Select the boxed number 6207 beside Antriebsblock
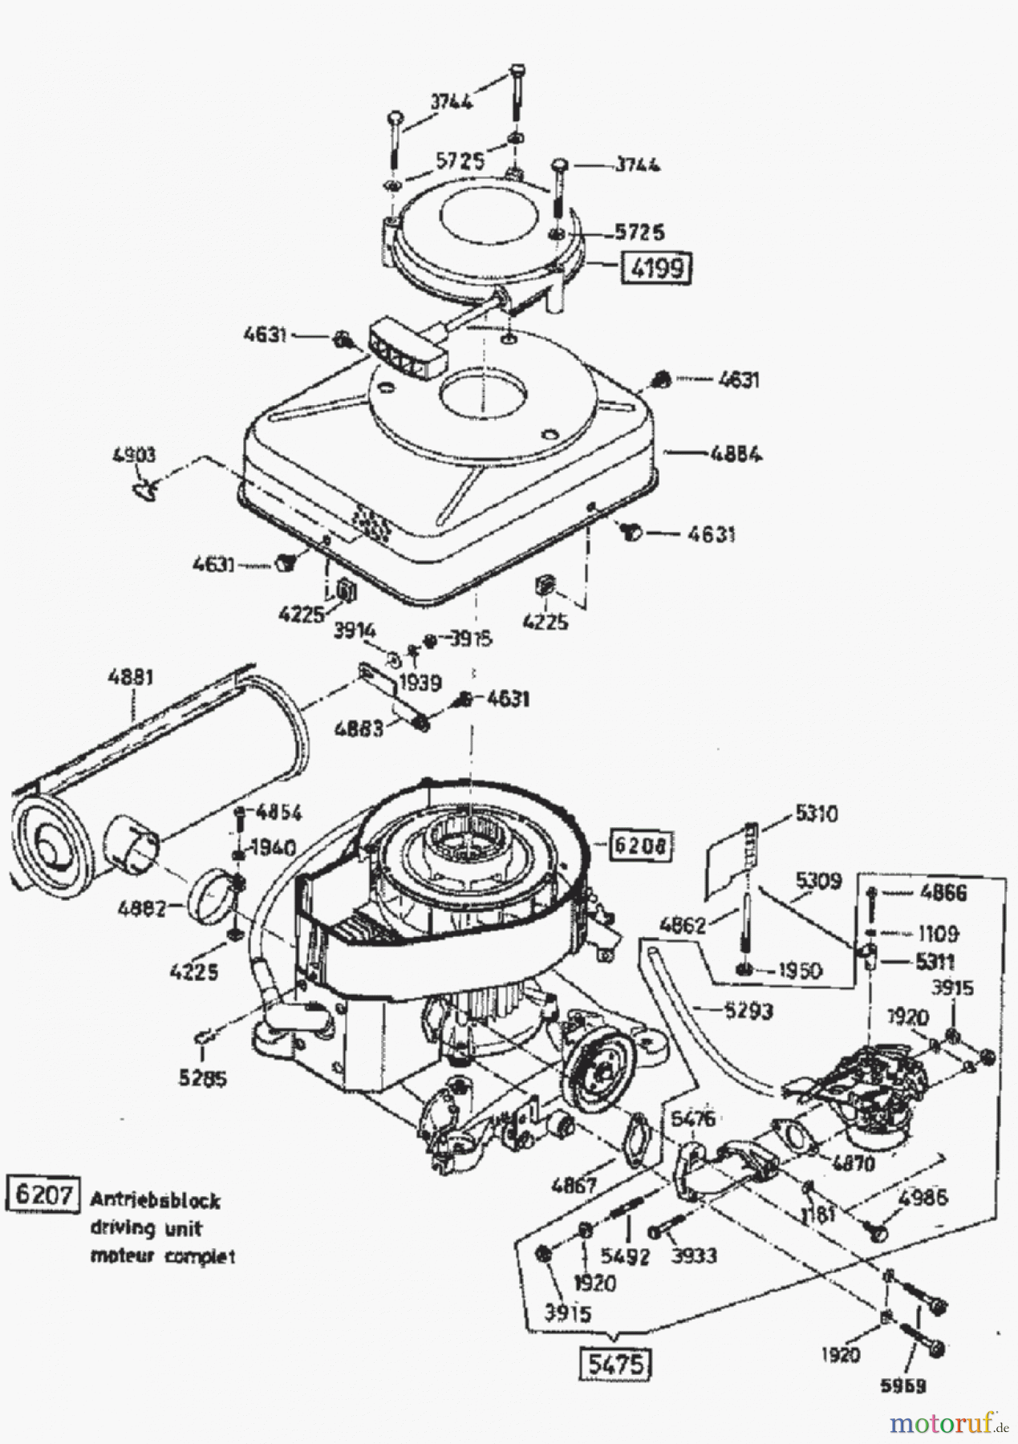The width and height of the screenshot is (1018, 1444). pos(44,1195)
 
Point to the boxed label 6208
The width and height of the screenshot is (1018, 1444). pos(639,844)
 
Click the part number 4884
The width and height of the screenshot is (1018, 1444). pos(736,455)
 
